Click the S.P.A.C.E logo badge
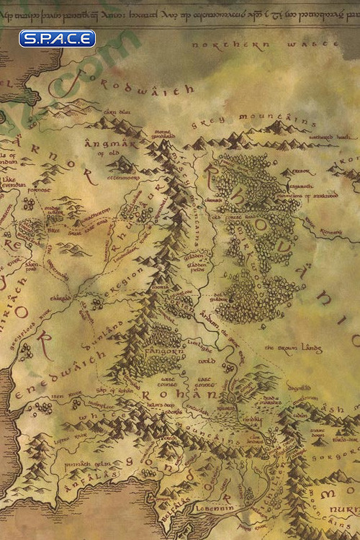57,38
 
